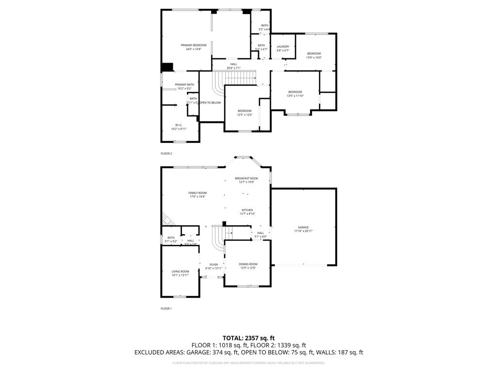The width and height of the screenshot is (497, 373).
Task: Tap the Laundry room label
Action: (x=283, y=49)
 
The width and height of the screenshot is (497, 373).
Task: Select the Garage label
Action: (x=303, y=229)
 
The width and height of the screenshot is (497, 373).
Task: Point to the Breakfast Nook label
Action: (x=247, y=180)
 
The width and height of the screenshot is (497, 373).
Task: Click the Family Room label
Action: (x=197, y=195)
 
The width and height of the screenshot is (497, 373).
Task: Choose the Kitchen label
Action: (x=247, y=212)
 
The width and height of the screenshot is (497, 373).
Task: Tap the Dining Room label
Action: (x=248, y=266)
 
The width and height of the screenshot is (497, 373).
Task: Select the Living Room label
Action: (x=180, y=273)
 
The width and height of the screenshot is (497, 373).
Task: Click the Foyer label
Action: (x=214, y=266)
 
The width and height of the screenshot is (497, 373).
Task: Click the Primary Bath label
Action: (x=184, y=86)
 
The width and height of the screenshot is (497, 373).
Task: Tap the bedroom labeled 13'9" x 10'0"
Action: (x=314, y=55)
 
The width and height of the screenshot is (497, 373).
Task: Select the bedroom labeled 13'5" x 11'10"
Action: (x=295, y=94)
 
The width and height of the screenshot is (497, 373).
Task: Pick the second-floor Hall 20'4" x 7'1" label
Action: (x=233, y=66)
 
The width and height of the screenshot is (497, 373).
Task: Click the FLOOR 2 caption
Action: (x=166, y=153)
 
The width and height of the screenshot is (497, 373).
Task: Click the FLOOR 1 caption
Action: (x=166, y=308)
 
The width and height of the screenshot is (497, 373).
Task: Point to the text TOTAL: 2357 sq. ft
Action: (x=248, y=338)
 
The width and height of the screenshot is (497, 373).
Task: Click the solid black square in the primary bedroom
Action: (x=167, y=67)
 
